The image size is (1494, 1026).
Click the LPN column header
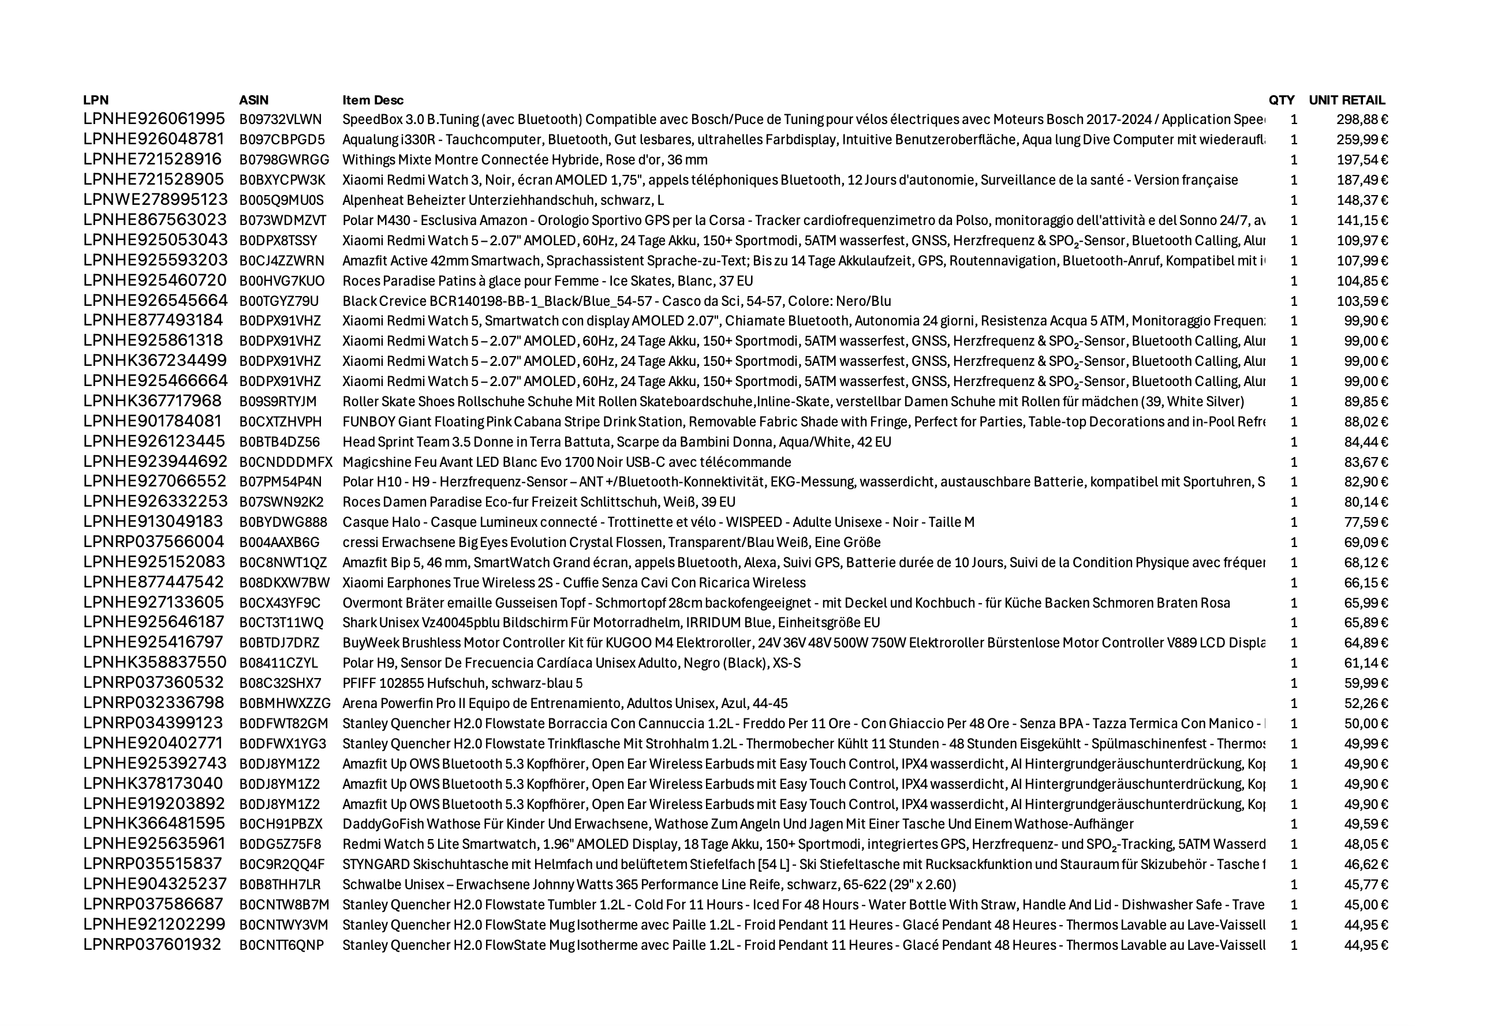point(96,100)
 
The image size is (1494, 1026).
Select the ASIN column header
point(253,100)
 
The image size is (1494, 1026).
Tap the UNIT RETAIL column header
point(1347,100)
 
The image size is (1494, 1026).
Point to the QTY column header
point(1281,100)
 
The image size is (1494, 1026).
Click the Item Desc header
point(373,100)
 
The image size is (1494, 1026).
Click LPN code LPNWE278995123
point(155,200)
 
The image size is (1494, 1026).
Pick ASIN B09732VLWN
point(281,119)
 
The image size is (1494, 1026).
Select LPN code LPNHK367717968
point(152,401)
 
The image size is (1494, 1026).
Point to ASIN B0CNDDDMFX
point(286,462)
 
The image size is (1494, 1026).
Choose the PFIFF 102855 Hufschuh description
point(462,683)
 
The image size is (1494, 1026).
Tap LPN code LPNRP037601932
point(152,945)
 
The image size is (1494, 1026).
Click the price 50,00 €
point(1365,724)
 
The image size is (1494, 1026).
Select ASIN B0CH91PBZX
point(281,824)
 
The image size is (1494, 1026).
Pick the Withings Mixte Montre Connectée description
point(525,160)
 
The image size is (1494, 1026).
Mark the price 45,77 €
point(1365,885)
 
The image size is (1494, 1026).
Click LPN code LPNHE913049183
point(153,522)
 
